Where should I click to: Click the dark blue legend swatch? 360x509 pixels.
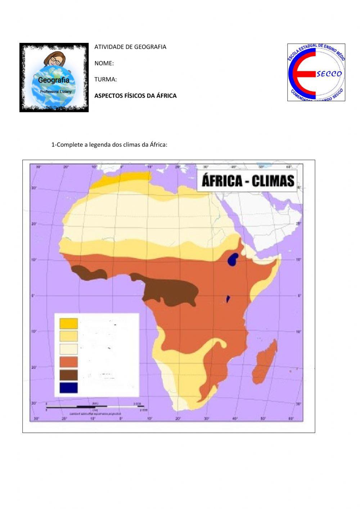69,388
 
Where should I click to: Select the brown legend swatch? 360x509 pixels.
69,375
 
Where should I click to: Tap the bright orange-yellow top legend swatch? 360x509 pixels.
69,323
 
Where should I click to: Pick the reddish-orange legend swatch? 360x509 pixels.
69,362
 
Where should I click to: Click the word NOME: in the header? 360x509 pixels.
104,63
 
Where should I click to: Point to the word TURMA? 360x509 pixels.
105,80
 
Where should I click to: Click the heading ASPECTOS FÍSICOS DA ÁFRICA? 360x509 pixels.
135,96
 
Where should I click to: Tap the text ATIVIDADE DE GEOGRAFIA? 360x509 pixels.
130,47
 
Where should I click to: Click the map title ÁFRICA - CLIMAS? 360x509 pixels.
248,181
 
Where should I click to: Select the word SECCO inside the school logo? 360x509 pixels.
329,74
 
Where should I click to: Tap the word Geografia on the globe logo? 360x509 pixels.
54,80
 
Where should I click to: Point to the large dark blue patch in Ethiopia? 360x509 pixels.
233,259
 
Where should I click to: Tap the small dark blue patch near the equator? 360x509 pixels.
228,299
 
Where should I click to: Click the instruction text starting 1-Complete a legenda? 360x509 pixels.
109,145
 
